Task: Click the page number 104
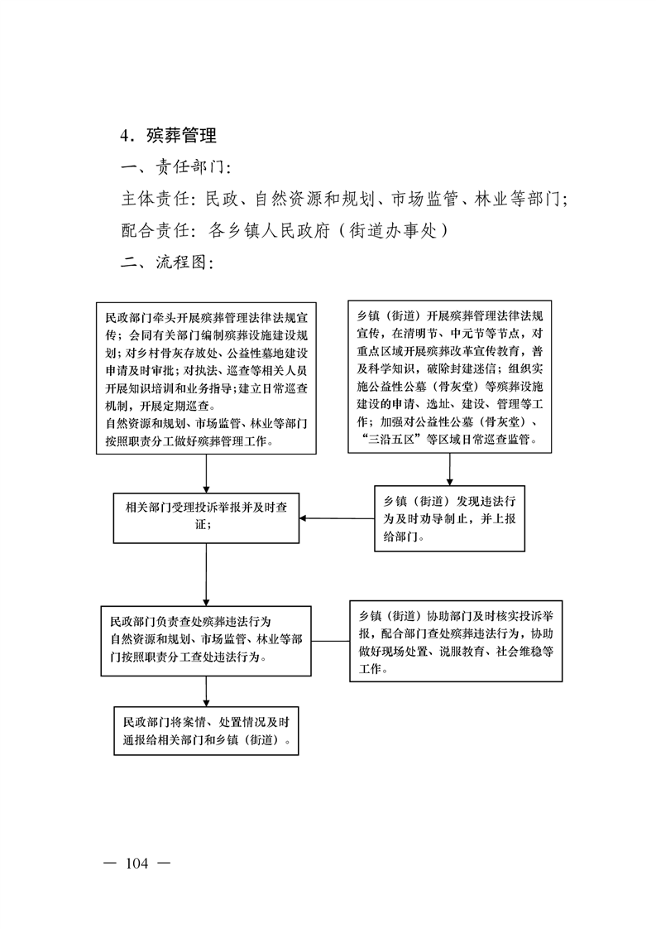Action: [x=136, y=864]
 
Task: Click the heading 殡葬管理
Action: [x=182, y=136]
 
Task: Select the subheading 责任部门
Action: [x=189, y=167]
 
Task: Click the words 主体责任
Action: [x=156, y=199]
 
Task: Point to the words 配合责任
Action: [x=156, y=230]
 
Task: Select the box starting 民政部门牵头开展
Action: [x=206, y=378]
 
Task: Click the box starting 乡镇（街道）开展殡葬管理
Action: [x=449, y=377]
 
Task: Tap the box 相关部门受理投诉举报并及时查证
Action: [x=206, y=517]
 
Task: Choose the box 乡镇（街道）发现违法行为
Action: [x=449, y=518]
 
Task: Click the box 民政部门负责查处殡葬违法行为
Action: [x=206, y=641]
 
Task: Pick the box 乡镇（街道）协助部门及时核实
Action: [x=456, y=641]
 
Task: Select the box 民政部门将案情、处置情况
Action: [x=206, y=730]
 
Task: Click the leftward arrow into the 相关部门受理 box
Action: [x=337, y=518]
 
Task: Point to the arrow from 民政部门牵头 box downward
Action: [x=206, y=474]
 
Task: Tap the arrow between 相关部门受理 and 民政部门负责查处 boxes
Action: [x=206, y=575]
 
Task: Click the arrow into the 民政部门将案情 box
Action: [x=206, y=691]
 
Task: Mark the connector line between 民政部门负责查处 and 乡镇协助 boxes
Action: [x=330, y=641]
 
